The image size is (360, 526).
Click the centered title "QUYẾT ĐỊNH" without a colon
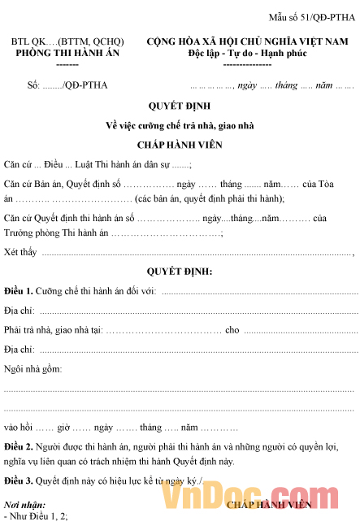tap(180, 107)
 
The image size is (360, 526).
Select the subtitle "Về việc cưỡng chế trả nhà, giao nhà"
tap(180, 124)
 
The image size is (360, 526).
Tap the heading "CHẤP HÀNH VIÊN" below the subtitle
tap(180, 145)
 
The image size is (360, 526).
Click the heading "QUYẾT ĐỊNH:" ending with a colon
tap(180, 272)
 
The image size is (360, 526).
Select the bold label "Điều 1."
tap(18, 290)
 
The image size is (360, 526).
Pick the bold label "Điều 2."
tap(18, 446)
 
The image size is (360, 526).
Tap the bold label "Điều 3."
tap(18, 481)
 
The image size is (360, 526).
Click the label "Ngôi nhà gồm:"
tap(32, 368)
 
